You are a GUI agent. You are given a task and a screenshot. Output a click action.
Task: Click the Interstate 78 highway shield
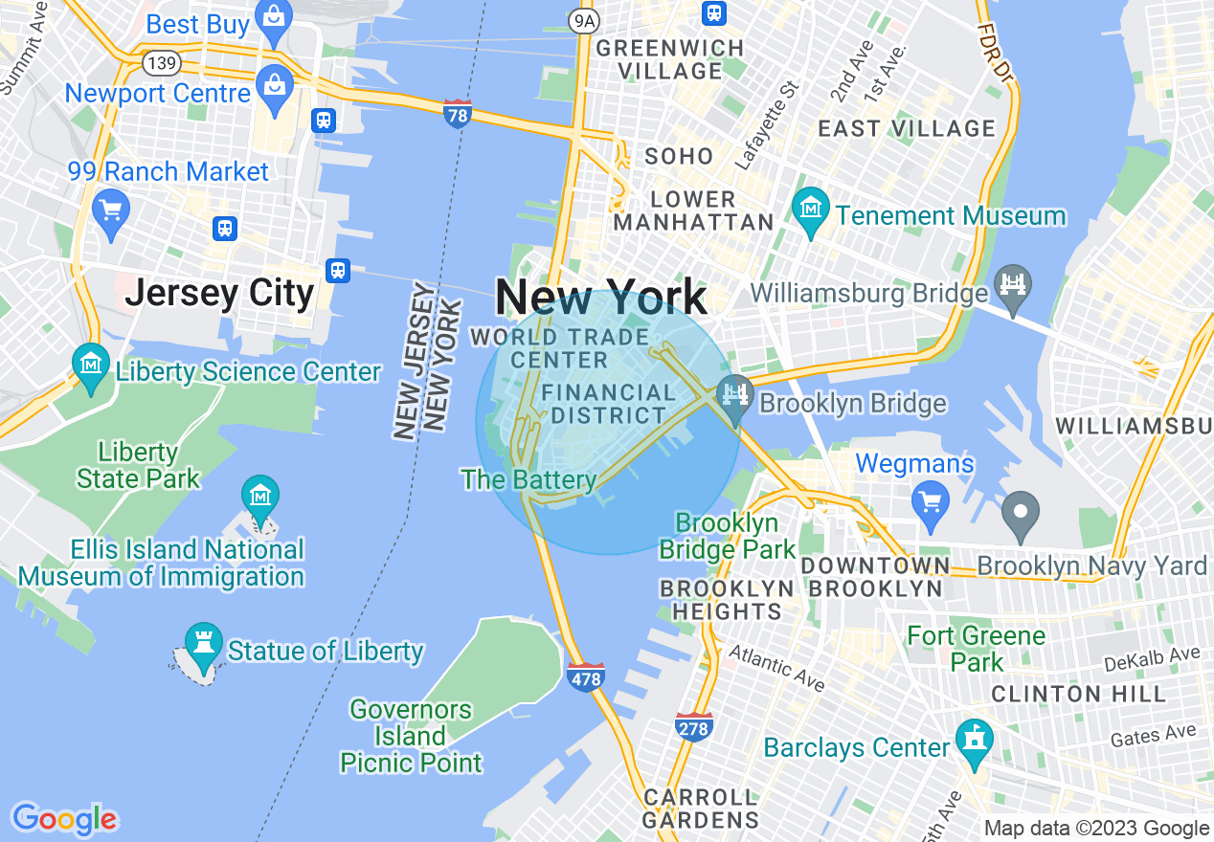pos(458,114)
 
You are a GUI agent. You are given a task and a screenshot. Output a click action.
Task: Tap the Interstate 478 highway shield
pos(586,677)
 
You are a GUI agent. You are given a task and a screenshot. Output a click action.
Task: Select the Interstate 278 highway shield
pos(693,727)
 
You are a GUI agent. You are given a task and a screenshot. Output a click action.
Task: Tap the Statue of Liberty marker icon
pos(203,643)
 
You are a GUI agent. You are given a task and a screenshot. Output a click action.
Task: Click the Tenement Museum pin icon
pos(812,208)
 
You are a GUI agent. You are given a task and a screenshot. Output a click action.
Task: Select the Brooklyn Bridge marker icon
pos(735,396)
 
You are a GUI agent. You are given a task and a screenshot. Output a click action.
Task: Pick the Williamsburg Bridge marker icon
pos(1011,283)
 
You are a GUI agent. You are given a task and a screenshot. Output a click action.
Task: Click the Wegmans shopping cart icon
pos(929,499)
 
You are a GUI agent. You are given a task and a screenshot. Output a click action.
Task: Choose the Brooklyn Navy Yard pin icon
pos(1021,511)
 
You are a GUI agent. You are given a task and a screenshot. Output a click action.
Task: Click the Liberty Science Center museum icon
pos(91,365)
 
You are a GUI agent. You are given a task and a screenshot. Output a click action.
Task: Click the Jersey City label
pos(219,294)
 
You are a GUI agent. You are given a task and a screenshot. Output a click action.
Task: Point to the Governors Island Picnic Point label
pos(411,736)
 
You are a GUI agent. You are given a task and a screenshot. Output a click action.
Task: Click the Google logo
pos(65,819)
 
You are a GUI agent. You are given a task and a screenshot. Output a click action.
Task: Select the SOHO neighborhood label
pos(679,156)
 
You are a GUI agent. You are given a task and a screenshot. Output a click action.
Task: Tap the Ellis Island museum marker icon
pos(259,496)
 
